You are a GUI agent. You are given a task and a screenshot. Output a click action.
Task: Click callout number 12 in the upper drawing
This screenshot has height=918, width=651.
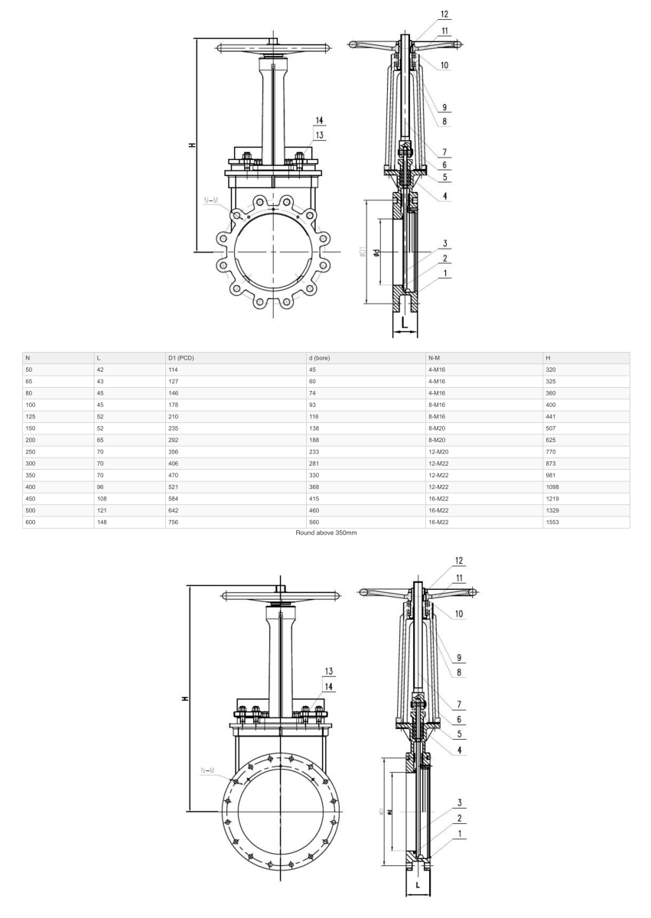444,14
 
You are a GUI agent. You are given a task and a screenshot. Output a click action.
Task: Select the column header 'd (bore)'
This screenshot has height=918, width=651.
322,358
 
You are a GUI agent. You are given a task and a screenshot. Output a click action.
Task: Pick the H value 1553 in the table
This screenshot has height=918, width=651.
553,522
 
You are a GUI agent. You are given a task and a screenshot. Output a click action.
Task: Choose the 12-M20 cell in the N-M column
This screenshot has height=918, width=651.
439,451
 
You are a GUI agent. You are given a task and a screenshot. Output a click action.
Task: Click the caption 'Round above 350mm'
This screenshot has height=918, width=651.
326,532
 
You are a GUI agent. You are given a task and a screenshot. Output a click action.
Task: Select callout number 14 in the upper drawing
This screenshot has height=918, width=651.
320,120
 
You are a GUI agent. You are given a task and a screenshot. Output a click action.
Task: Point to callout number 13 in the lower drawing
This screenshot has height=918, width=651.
329,671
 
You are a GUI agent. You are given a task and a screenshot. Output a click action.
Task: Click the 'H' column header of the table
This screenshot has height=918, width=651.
548,358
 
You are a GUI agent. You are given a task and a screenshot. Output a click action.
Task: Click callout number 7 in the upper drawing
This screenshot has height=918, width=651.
444,151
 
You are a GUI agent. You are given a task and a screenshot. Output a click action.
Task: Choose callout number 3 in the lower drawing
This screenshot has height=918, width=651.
460,802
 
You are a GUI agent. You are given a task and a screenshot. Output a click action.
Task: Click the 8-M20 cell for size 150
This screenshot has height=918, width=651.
438,428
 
